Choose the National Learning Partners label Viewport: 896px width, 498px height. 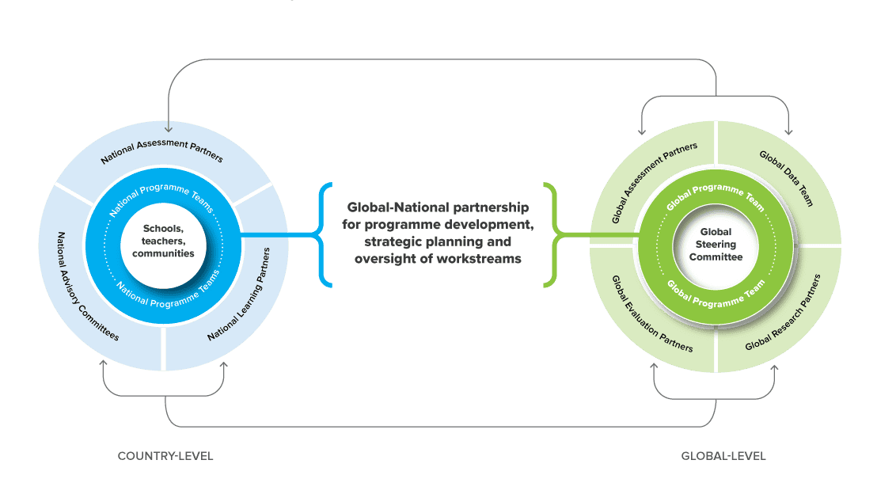tap(239, 295)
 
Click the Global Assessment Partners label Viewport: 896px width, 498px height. tap(655, 183)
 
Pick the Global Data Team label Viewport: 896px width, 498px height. tap(786, 178)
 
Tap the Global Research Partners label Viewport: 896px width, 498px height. tap(783, 312)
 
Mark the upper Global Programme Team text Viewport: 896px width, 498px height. tap(716, 196)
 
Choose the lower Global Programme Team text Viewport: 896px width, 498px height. tap(716, 292)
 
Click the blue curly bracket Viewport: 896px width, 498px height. tap(321, 234)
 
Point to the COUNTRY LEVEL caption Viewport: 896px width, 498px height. tap(165, 456)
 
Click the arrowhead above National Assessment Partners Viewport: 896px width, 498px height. tap(169, 127)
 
